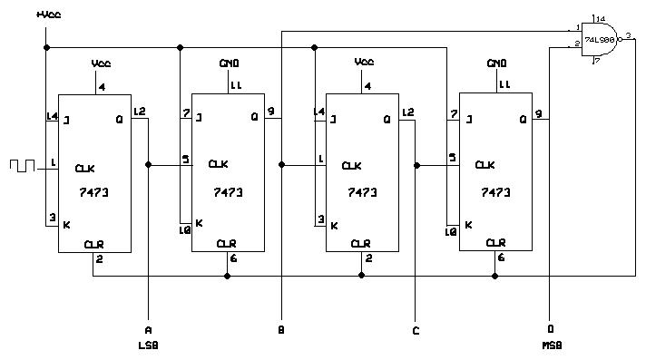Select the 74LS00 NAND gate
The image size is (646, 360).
click(599, 41)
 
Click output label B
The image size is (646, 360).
click(281, 331)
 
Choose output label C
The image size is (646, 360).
click(416, 331)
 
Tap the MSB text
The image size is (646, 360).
click(551, 345)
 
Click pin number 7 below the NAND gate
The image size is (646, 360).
click(596, 62)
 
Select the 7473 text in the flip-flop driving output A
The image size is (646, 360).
click(94, 192)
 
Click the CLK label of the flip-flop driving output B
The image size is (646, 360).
click(218, 164)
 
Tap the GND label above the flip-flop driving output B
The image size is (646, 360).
click(229, 63)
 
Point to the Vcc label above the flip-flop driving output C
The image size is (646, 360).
click(364, 63)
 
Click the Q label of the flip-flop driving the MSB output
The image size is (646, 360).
click(523, 118)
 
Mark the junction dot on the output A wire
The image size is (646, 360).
click(148, 165)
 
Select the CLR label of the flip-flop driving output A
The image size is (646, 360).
click(93, 244)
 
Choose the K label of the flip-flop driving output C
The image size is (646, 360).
click(333, 225)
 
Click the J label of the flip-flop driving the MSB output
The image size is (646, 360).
click(467, 118)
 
